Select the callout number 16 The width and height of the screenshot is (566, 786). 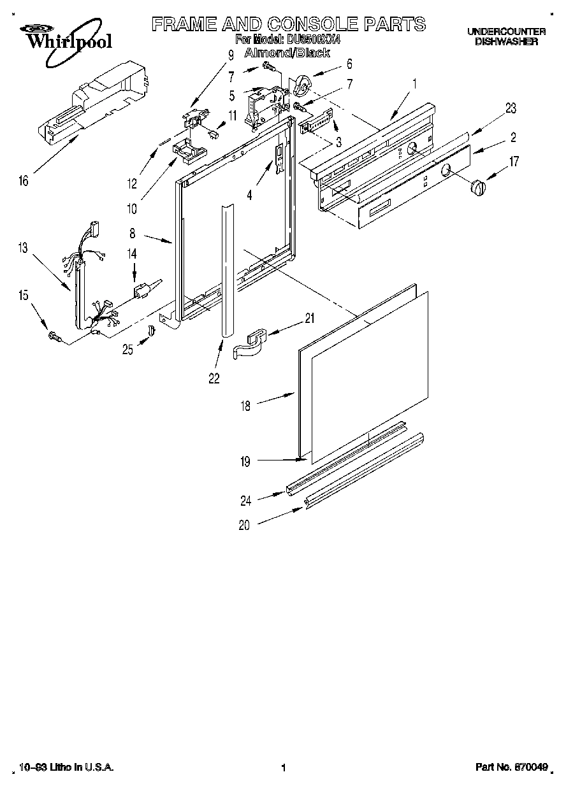coord(24,181)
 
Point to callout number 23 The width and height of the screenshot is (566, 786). coord(511,108)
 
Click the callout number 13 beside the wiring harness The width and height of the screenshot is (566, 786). coord(24,248)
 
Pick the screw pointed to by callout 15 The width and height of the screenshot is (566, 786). coord(54,336)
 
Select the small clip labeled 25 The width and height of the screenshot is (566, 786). coord(152,331)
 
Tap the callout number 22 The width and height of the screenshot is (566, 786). coord(214,378)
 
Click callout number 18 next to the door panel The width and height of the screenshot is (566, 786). coord(245,405)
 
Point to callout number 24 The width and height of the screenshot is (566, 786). coord(245,501)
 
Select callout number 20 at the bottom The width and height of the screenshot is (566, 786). coord(245,525)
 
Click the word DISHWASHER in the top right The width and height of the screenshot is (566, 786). coord(506,41)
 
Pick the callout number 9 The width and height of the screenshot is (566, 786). coord(231,55)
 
